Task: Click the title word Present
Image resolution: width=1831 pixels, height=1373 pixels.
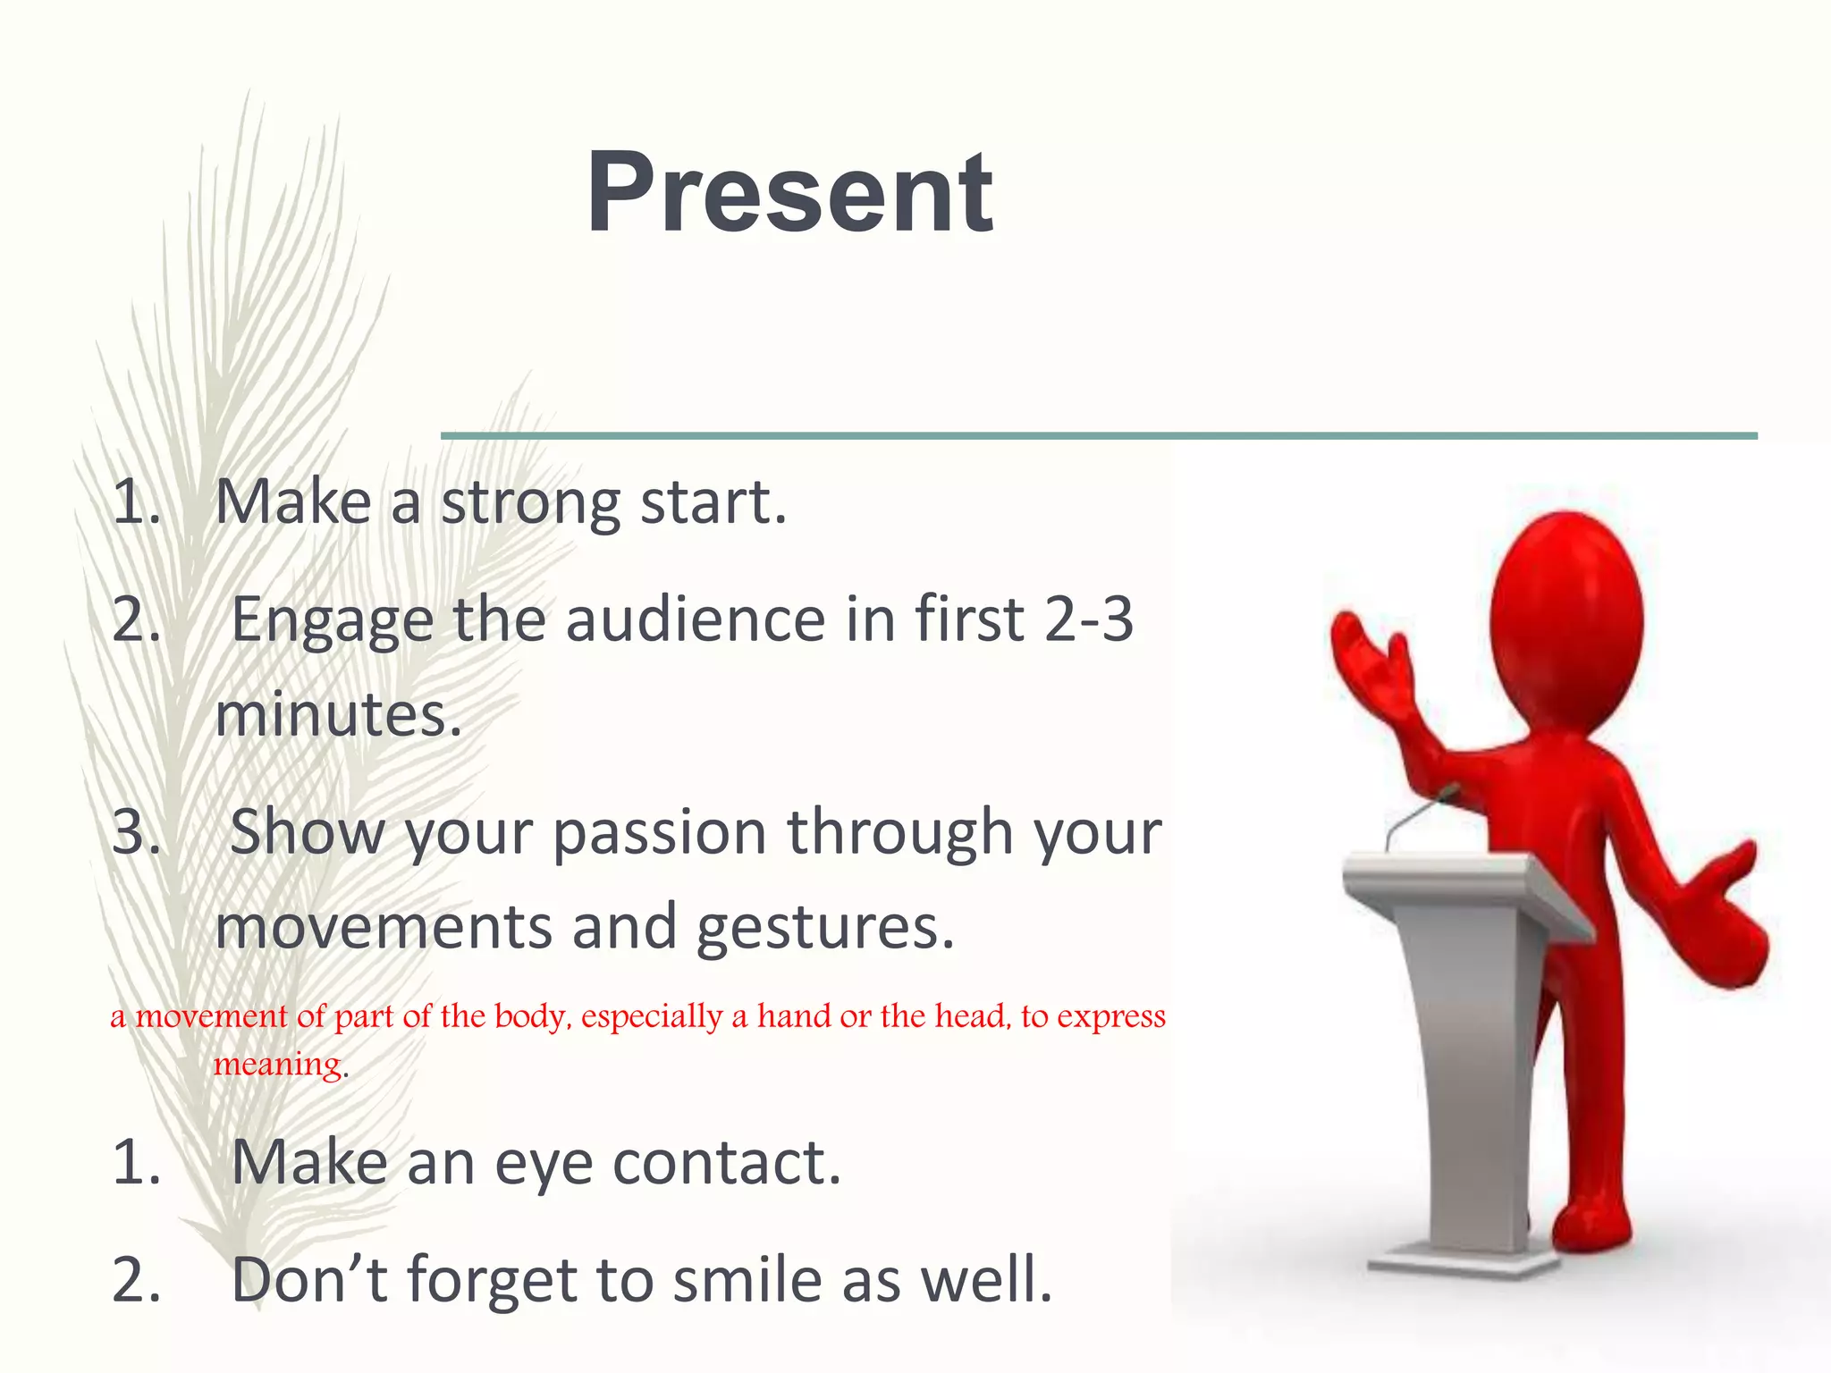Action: (789, 193)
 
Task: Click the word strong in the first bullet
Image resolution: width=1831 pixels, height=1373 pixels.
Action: (531, 502)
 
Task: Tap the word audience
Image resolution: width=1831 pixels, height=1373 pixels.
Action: (696, 619)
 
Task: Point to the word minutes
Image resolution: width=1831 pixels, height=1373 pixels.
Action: (337, 716)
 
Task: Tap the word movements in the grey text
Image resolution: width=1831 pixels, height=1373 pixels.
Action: (383, 927)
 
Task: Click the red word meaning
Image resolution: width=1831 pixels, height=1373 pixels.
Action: (278, 1064)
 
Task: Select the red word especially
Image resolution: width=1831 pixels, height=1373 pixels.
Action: (652, 1016)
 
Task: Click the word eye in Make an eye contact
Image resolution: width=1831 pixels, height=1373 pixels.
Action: (544, 1164)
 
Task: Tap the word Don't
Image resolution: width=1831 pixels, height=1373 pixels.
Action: (309, 1280)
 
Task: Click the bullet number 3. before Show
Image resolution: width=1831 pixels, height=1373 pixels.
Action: (136, 832)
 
